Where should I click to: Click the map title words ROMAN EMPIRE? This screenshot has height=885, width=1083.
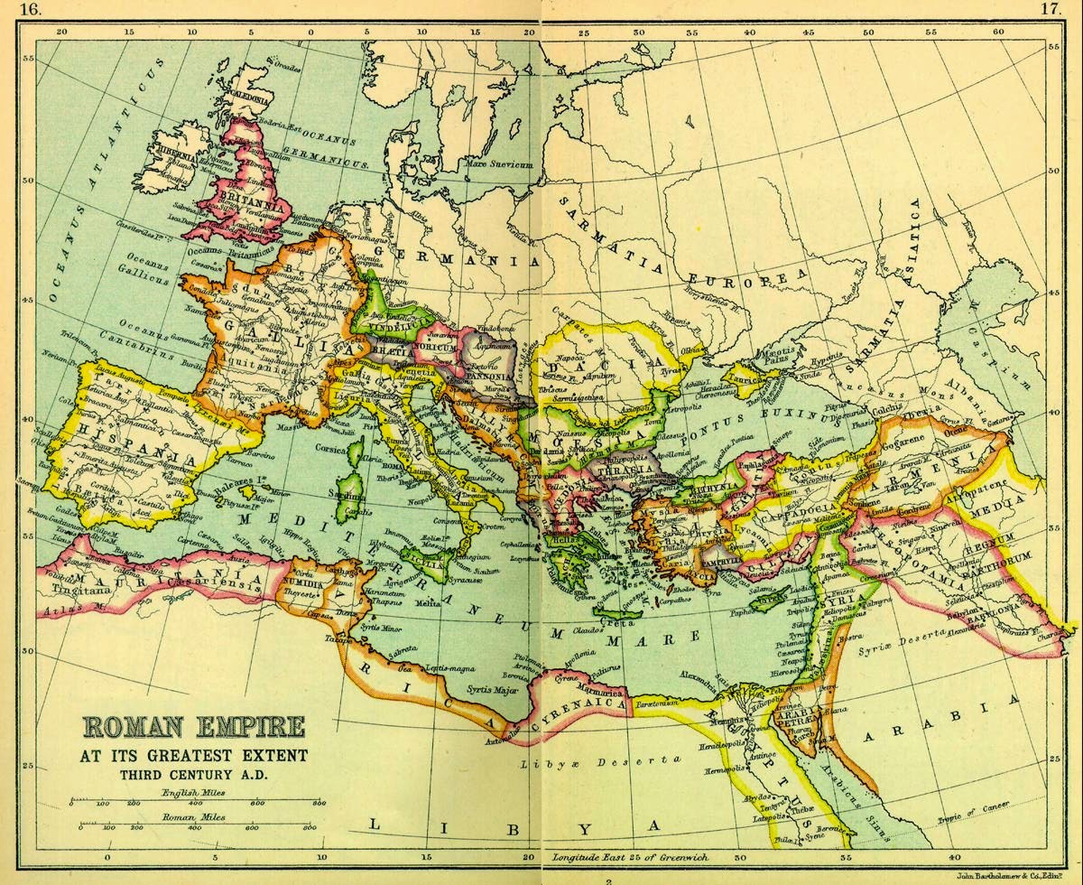click(194, 728)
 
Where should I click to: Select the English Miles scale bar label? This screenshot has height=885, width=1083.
click(193, 793)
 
